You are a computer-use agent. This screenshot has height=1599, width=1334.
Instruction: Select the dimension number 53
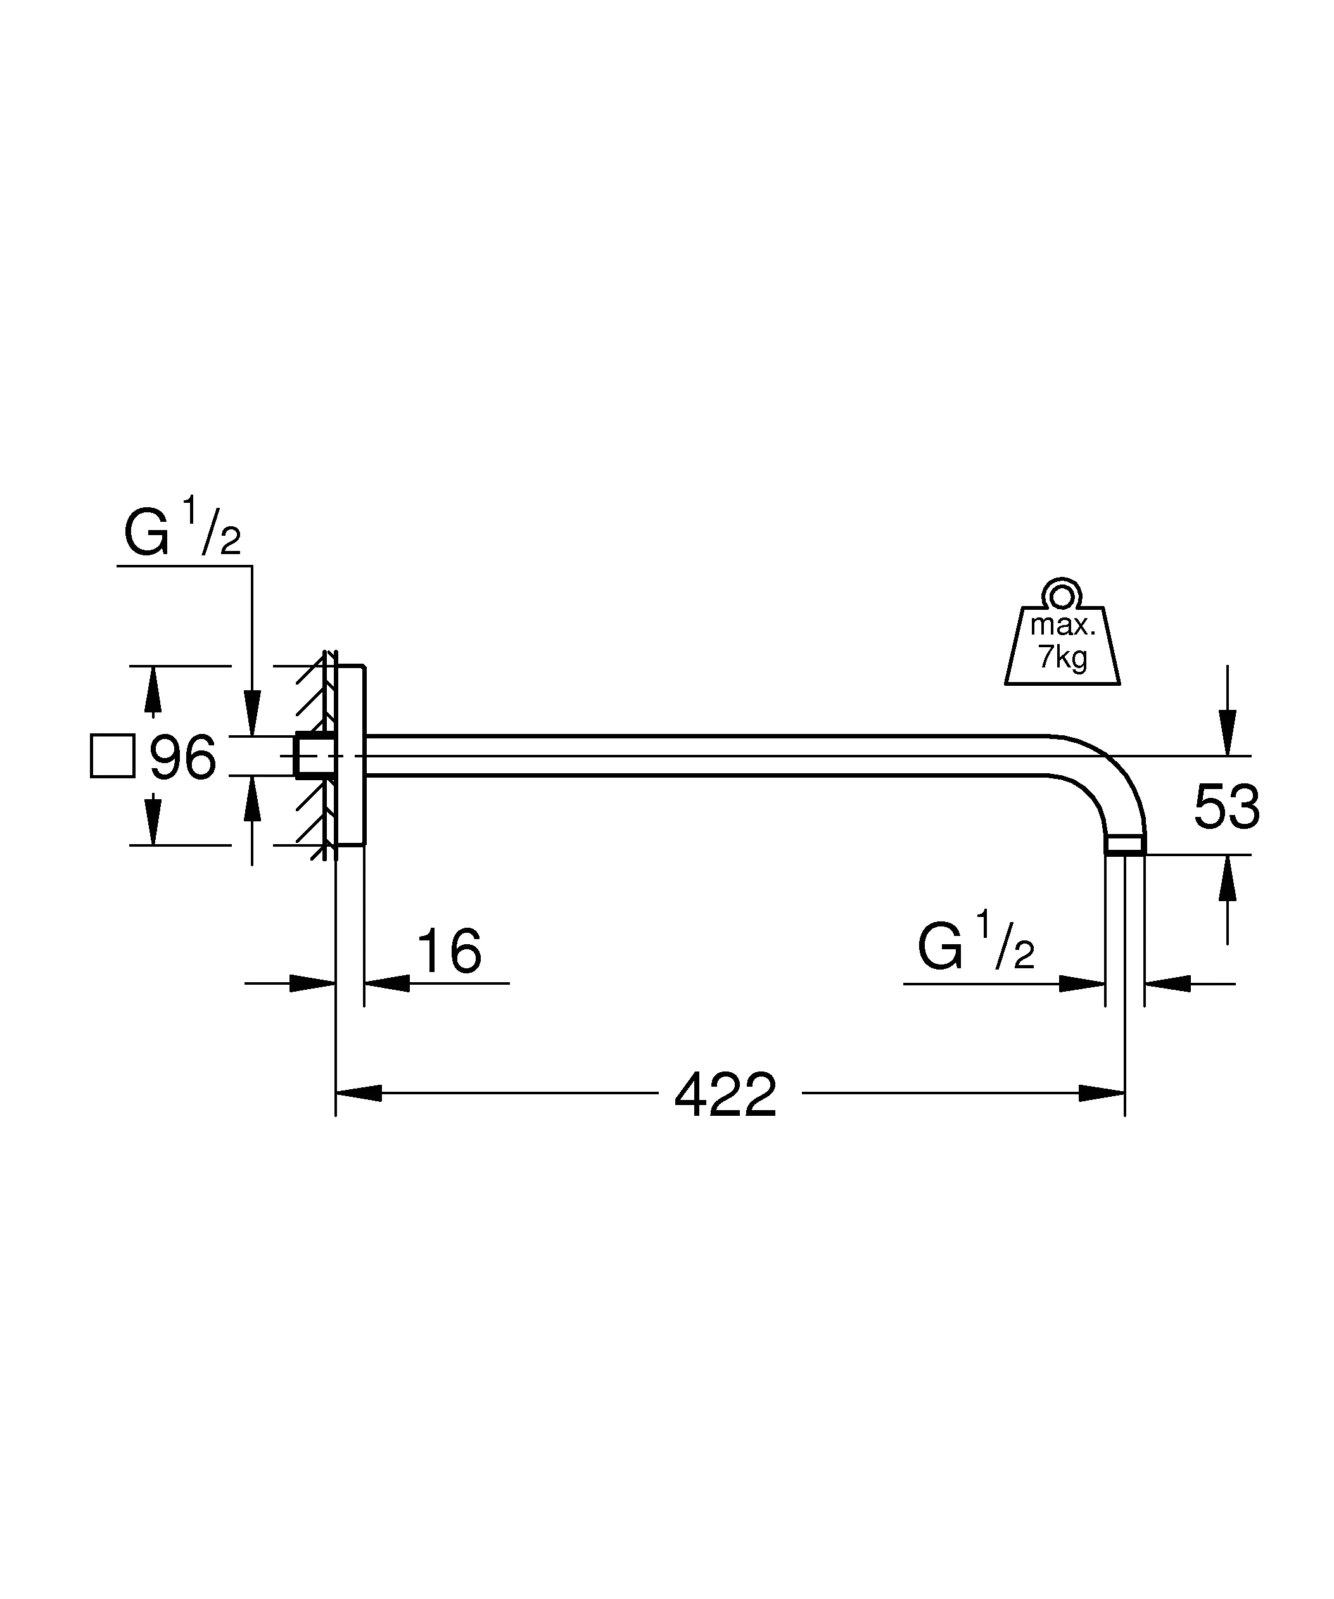pos(1226,807)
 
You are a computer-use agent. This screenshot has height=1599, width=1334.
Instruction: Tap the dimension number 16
pos(449,951)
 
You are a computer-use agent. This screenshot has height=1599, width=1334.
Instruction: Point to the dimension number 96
pos(182,757)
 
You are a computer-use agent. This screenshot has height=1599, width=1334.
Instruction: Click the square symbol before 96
pos(113,756)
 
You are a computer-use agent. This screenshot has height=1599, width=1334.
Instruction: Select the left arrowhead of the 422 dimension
pos(359,1094)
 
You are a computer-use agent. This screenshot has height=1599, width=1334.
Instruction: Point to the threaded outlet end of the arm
pos(1124,844)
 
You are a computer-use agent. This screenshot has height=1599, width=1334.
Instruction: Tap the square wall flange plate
pos(350,755)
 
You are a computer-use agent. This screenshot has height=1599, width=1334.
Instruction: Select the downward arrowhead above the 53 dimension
pos(1227,733)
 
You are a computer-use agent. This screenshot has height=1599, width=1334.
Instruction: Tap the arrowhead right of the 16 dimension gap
pos(387,983)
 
